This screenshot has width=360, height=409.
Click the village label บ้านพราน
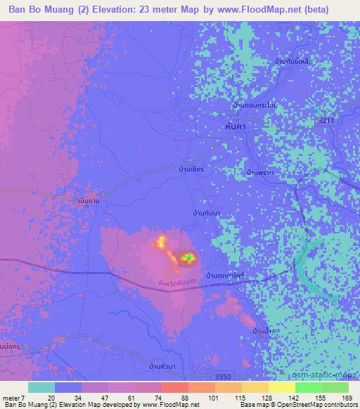259,171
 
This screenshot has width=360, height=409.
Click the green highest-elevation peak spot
188,259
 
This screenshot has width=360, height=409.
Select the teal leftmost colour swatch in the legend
41,387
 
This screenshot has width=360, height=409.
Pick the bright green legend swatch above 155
308,387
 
